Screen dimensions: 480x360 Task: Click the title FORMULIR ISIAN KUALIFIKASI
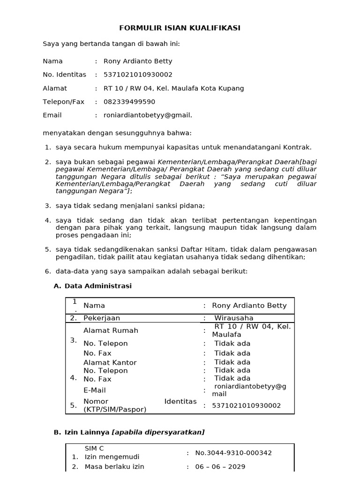click(180, 28)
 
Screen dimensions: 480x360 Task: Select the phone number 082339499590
click(129, 102)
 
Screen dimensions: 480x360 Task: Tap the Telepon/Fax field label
click(64, 102)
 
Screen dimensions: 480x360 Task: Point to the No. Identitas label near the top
click(65, 75)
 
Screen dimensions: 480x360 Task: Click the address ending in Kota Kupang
click(173, 88)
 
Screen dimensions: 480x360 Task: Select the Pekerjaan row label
click(102, 318)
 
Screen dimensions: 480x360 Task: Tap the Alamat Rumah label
click(111, 330)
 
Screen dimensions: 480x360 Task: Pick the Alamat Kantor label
click(110, 362)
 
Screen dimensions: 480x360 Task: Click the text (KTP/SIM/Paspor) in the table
click(115, 409)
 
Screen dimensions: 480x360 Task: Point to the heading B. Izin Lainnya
click(129, 432)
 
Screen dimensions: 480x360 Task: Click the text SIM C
click(94, 449)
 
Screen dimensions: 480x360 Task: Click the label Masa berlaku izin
click(114, 467)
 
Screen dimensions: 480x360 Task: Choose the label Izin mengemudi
click(112, 457)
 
